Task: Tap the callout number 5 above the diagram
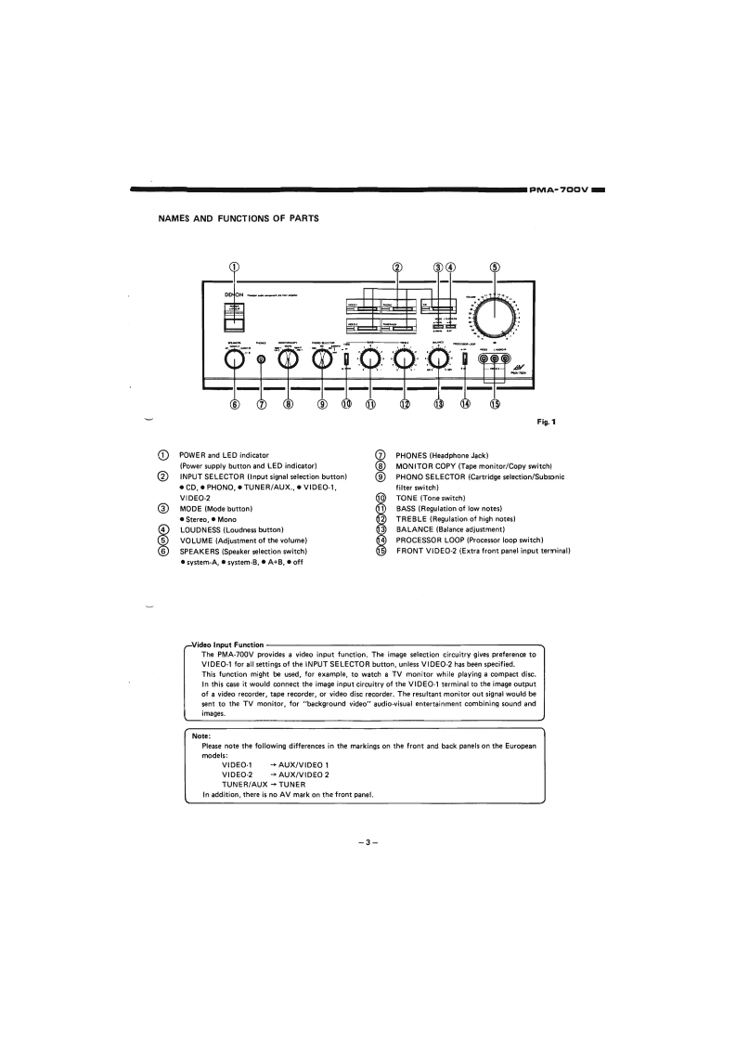(x=494, y=267)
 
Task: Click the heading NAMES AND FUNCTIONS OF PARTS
(x=239, y=219)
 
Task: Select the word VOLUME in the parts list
(x=200, y=541)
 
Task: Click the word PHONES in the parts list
(x=413, y=456)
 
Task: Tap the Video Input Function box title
(x=227, y=645)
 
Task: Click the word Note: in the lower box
(x=201, y=736)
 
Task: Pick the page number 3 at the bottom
(x=368, y=842)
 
